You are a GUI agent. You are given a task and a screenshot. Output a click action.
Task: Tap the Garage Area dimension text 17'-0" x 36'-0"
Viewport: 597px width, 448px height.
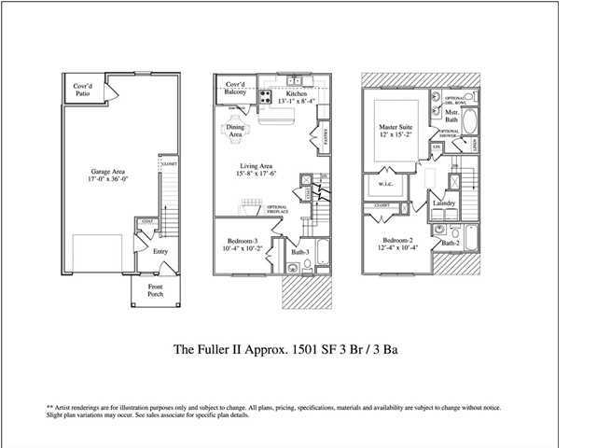pos(97,180)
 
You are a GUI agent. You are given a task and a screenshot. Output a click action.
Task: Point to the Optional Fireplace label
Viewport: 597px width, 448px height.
pos(277,209)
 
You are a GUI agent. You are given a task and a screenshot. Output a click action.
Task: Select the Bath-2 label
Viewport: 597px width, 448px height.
pos(450,244)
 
